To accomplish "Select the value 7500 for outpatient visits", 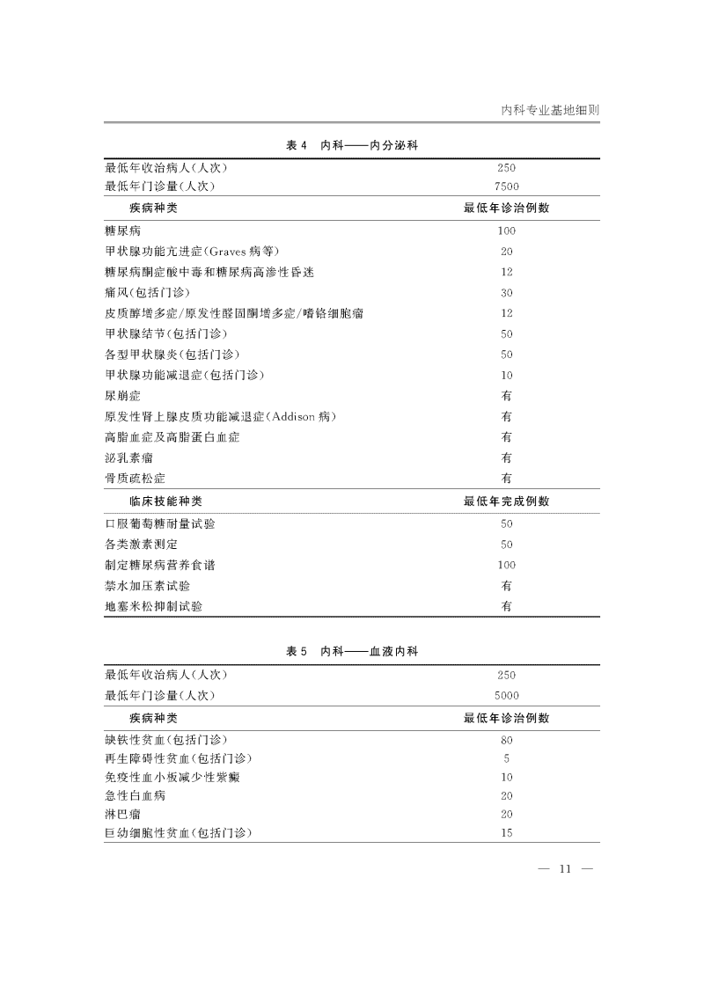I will click(x=507, y=187).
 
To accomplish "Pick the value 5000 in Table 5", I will click(x=507, y=695).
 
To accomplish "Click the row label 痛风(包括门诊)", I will click(x=147, y=292).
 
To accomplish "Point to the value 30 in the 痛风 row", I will click(x=507, y=292).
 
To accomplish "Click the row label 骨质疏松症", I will click(x=135, y=478).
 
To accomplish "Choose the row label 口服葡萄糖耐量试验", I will click(x=159, y=523).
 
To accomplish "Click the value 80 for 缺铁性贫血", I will click(x=507, y=740).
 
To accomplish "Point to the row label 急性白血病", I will click(x=135, y=795).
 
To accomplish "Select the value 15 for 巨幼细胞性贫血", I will click(x=507, y=832).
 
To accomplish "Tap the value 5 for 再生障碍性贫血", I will click(x=507, y=758).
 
